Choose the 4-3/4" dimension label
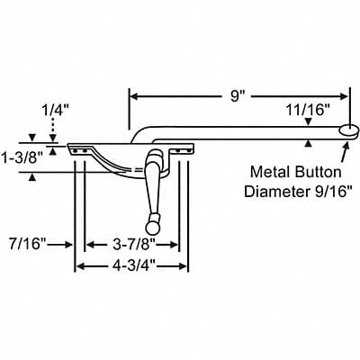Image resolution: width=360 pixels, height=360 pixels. pos(131,265)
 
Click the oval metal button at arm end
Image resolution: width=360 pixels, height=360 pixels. pos(346,130)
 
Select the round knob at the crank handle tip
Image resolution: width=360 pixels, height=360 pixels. pos(146,221)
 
